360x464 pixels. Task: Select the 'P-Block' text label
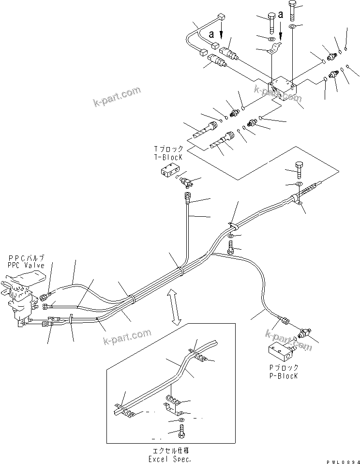(x=283, y=375)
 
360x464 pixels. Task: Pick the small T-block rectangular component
(x=170, y=172)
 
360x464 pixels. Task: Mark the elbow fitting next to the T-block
(x=187, y=182)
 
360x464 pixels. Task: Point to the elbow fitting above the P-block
(x=303, y=334)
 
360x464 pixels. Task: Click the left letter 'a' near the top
(x=211, y=34)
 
